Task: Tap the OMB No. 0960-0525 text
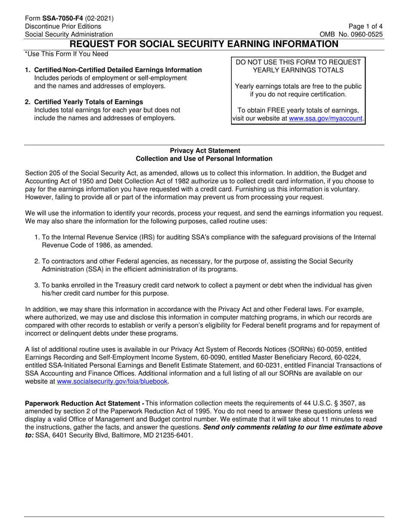[x=351, y=34]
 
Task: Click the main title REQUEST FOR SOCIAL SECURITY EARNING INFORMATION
[x=204, y=44]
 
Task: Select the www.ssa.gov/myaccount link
[x=326, y=118]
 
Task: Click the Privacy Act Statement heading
[x=205, y=151]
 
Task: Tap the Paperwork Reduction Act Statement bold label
[x=84, y=403]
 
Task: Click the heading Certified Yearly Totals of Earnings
[x=88, y=102]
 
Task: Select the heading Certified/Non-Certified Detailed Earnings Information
[x=118, y=70]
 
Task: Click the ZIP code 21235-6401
[x=171, y=435]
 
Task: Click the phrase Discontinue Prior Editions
[x=63, y=26]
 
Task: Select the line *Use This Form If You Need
[x=67, y=54]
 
